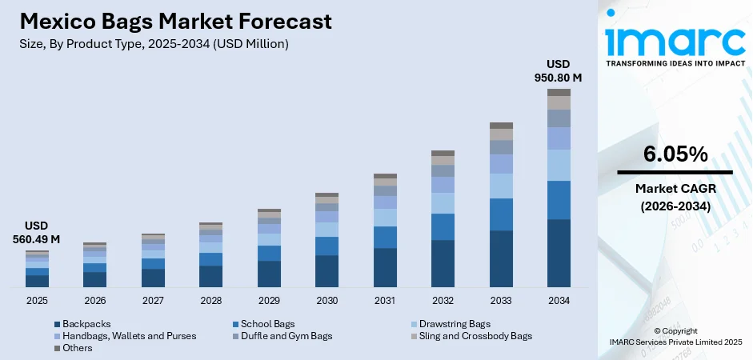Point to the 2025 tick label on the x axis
tap(37, 300)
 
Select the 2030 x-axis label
tap(326, 300)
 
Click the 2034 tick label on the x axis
tap(559, 300)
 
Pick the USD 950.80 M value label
tap(559, 70)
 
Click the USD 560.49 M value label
tap(37, 232)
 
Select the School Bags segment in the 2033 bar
tap(501, 214)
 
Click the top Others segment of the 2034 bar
tap(559, 92)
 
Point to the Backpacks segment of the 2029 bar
tap(269, 274)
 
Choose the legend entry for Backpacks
tap(83, 323)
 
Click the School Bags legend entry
tap(263, 323)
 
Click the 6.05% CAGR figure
tap(674, 154)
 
